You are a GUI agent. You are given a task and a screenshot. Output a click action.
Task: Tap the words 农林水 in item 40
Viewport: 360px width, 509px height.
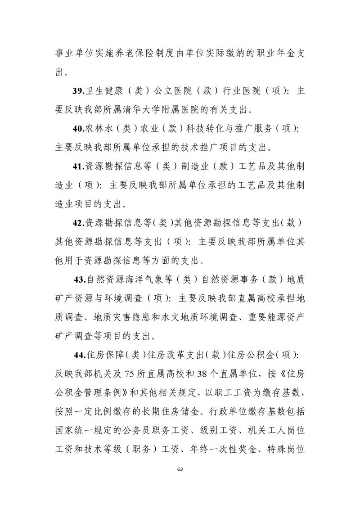click(x=100, y=129)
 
